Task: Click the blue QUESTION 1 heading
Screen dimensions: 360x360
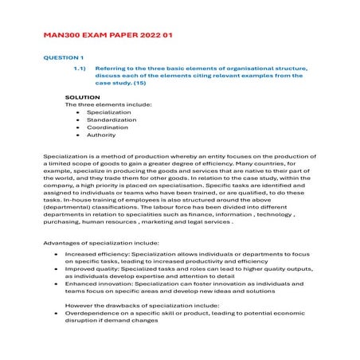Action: coord(64,58)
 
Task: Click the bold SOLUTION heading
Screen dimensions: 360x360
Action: coord(82,97)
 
